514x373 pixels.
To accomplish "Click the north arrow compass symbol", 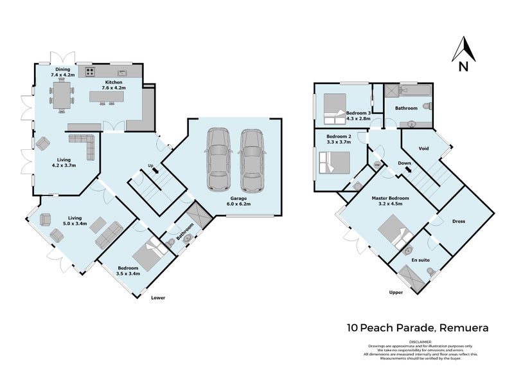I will tap(463, 50).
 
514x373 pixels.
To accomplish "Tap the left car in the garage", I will tap(218, 160).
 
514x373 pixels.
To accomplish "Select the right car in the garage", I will tap(251, 160).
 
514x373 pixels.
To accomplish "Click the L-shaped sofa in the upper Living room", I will tap(82, 145).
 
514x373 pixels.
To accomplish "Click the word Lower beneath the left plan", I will tap(158, 298).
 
